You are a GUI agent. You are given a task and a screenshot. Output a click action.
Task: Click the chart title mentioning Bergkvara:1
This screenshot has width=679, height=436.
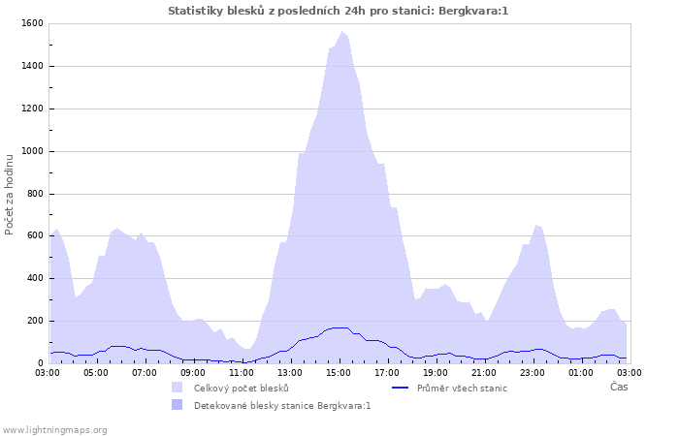point(338,11)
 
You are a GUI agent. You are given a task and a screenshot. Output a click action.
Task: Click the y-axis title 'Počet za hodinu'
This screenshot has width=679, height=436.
point(10,194)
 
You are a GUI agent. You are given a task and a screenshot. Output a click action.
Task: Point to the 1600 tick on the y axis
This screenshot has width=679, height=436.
point(32,23)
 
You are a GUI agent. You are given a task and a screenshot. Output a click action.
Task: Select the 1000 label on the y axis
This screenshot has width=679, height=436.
point(32,151)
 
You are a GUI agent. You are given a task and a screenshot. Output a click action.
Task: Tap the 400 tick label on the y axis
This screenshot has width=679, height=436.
point(35,279)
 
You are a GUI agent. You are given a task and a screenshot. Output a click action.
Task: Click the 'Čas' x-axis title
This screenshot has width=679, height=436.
point(619,387)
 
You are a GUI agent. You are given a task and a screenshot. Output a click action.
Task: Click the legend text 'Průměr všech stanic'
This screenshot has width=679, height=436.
point(462,388)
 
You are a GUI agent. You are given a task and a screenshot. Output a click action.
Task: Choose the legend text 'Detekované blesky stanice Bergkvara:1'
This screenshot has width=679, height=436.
point(282,406)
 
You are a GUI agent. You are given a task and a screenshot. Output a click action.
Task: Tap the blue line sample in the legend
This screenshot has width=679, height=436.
point(400,388)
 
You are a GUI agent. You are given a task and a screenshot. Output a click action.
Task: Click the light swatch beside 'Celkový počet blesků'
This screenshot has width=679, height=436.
point(177,388)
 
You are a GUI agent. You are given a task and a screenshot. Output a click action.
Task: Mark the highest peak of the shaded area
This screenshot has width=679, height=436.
point(341,32)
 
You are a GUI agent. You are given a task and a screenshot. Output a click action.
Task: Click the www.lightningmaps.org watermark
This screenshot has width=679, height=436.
point(55,429)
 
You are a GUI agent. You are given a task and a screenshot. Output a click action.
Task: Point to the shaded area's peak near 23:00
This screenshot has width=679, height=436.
point(535,225)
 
